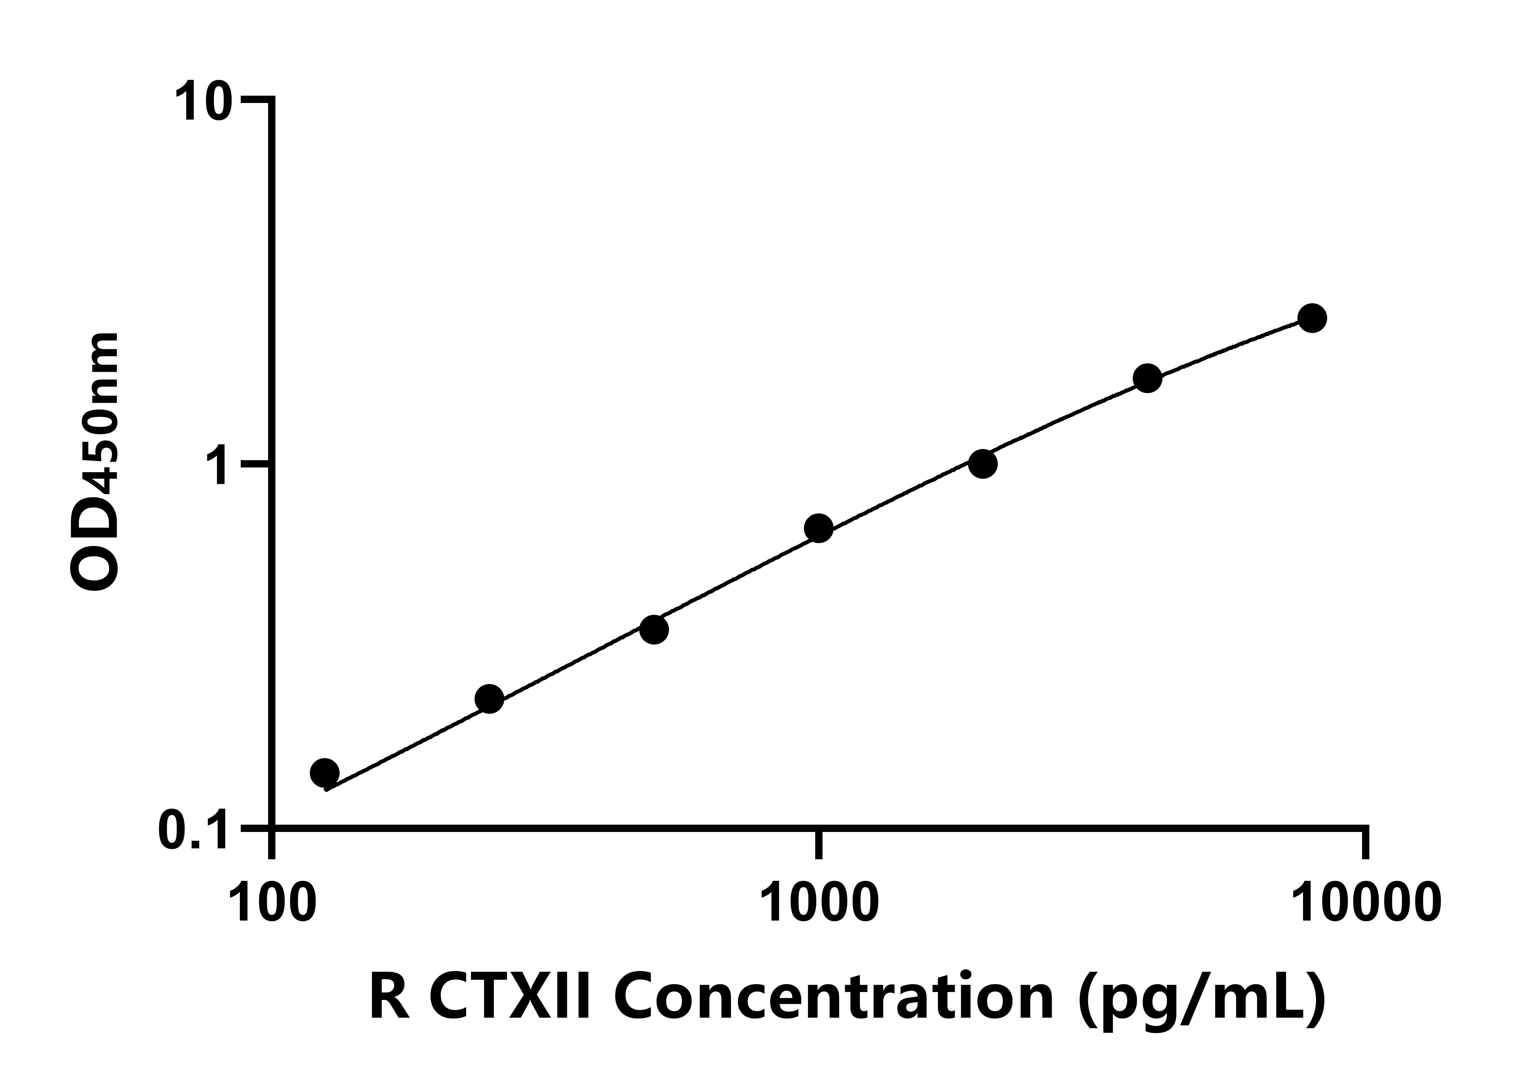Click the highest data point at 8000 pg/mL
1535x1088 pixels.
pyautogui.click(x=1312, y=318)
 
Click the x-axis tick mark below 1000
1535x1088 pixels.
pyautogui.click(x=819, y=844)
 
